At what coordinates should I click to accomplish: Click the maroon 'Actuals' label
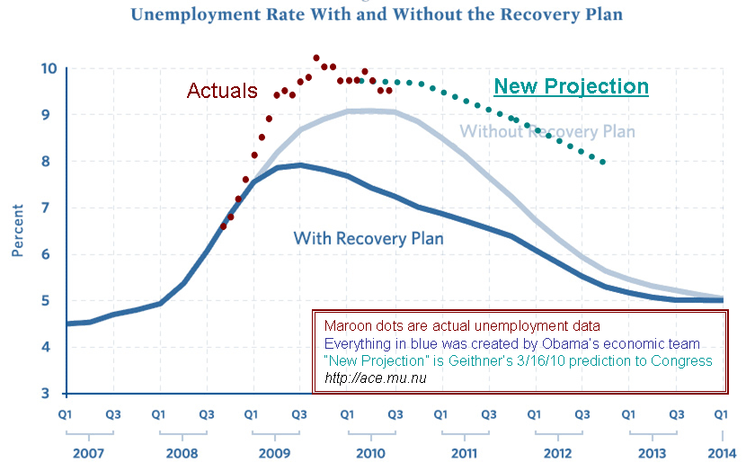click(x=222, y=92)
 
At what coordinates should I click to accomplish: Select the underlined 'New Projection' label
click(x=572, y=86)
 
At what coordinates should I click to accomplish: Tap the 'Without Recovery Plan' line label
click(x=547, y=132)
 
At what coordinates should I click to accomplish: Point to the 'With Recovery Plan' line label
click(x=369, y=238)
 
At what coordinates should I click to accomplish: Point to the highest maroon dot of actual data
click(x=316, y=58)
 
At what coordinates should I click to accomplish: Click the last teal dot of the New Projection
click(x=603, y=162)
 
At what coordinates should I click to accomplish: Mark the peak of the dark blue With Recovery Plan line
click(x=299, y=165)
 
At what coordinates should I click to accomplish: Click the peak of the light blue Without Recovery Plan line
click(x=367, y=111)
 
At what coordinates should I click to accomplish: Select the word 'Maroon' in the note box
click(x=345, y=325)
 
